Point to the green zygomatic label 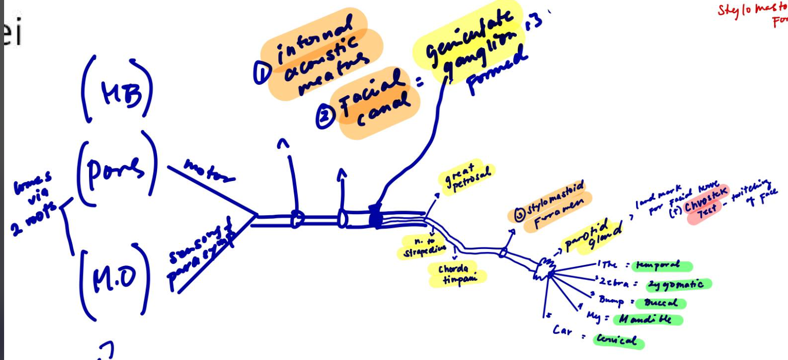click(x=679, y=284)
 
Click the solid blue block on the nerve click(x=376, y=217)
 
